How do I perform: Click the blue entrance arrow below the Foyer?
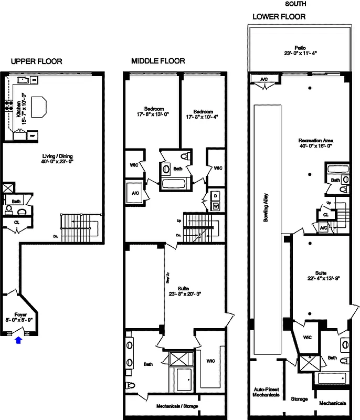point(19,340)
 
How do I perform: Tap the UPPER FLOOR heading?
point(36,61)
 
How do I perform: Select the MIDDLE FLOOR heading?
point(158,61)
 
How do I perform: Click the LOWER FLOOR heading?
point(279,16)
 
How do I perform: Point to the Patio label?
point(301,50)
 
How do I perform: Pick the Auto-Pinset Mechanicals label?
point(266,392)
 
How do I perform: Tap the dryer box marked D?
point(215,196)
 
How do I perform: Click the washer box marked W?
point(215,206)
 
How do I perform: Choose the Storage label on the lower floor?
point(300,399)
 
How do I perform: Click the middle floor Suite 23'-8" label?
point(185,290)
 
